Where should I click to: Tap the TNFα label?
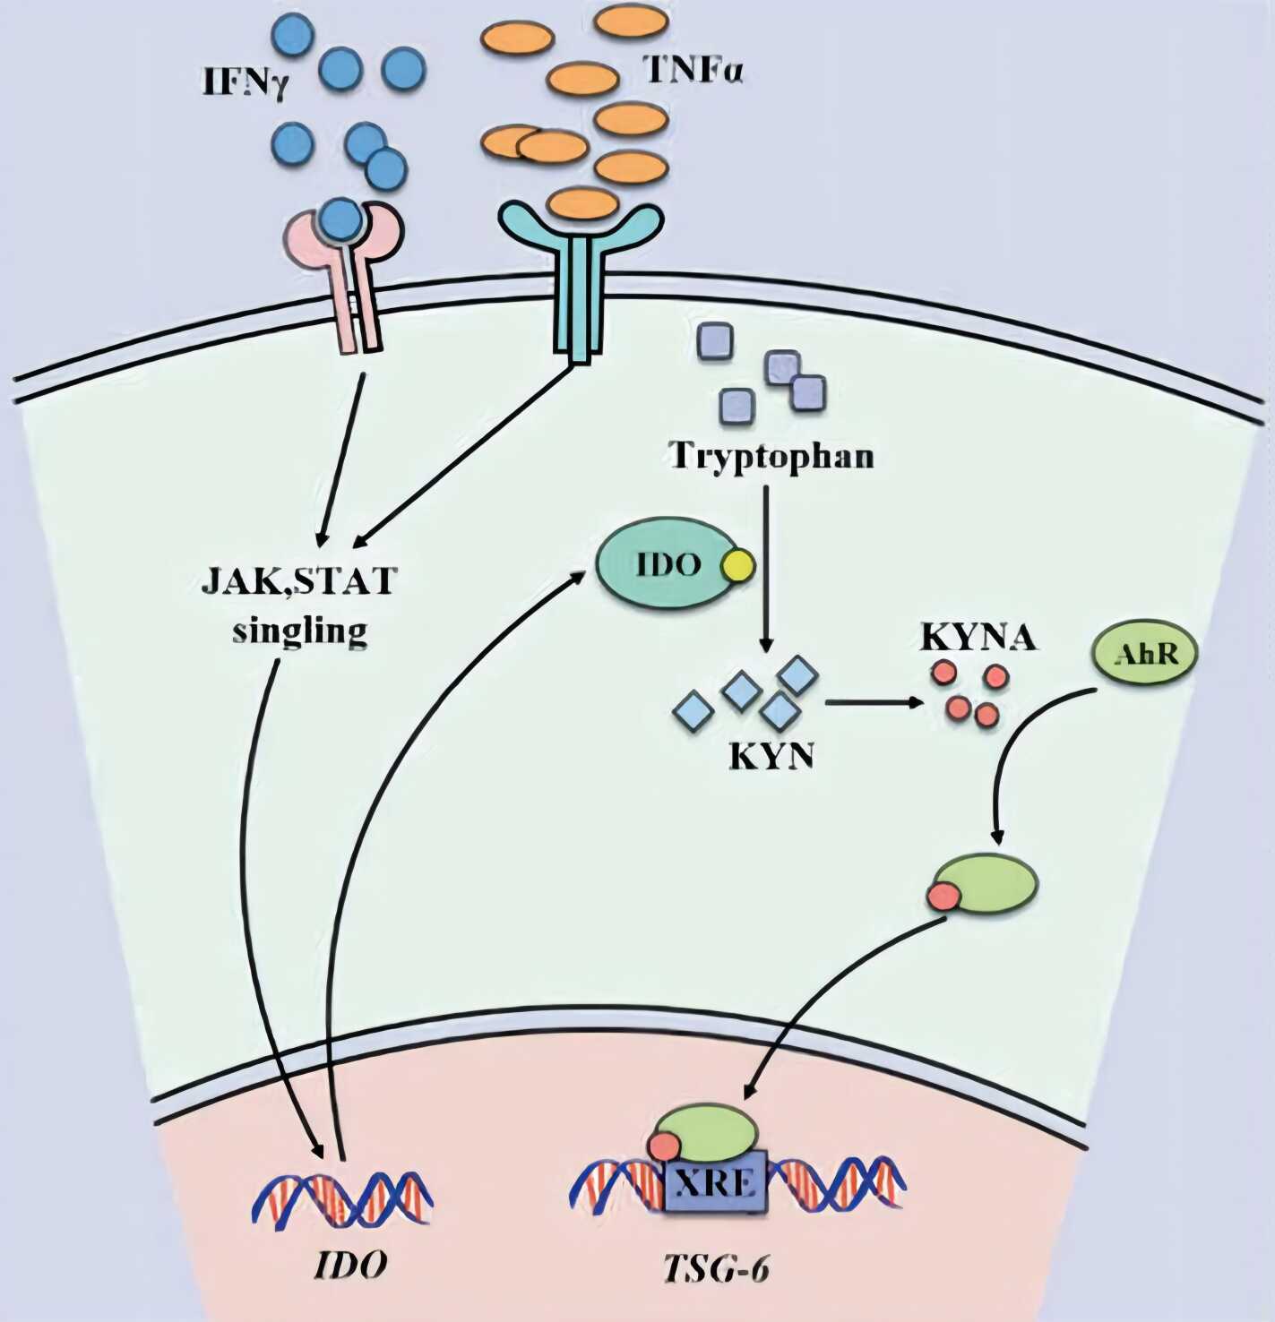coord(694,70)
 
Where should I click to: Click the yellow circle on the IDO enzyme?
coord(739,565)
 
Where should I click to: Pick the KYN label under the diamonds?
coord(771,757)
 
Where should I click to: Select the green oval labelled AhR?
coord(1144,656)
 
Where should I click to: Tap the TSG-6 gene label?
coord(716,1268)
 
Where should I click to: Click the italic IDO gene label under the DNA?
coord(350,1265)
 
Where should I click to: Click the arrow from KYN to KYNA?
coord(874,702)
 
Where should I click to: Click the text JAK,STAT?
coord(297,581)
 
